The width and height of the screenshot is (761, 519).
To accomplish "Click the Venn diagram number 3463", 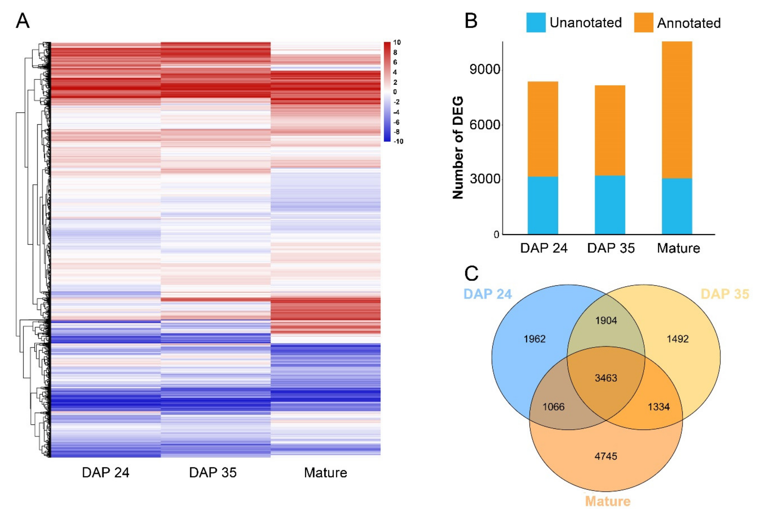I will pyautogui.click(x=606, y=378).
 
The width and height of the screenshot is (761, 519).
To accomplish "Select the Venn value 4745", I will pyautogui.click(x=606, y=456).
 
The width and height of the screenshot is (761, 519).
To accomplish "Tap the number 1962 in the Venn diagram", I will pyautogui.click(x=534, y=339).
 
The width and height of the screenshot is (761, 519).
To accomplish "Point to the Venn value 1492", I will pyautogui.click(x=677, y=339).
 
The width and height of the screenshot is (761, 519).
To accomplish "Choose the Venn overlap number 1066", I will pyautogui.click(x=553, y=407).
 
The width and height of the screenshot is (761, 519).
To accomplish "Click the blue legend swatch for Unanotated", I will pyautogui.click(x=536, y=23).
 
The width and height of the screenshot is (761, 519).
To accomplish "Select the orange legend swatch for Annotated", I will pyautogui.click(x=644, y=23).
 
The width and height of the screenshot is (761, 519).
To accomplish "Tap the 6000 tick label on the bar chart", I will pyautogui.click(x=485, y=125).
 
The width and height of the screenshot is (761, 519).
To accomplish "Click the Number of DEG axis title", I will pyautogui.click(x=458, y=147).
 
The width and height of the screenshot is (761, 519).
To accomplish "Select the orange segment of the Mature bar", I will pyautogui.click(x=677, y=110).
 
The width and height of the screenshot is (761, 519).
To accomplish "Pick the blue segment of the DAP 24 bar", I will pyautogui.click(x=543, y=205).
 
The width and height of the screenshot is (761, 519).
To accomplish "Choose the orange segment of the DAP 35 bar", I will pyautogui.click(x=610, y=130).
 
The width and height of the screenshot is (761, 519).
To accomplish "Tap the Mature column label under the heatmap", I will pyautogui.click(x=325, y=473).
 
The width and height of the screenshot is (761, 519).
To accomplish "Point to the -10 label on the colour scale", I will pyautogui.click(x=398, y=141).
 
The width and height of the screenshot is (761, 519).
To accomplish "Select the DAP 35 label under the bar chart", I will pyautogui.click(x=611, y=248).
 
